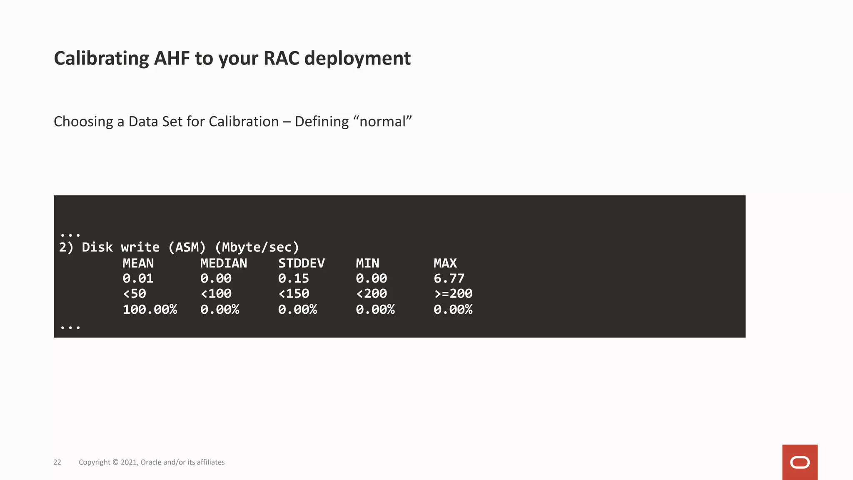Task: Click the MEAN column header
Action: pos(138,263)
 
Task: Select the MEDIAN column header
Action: pos(224,263)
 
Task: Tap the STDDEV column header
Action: pos(301,263)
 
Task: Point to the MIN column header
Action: pos(367,263)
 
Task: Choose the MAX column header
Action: pos(445,263)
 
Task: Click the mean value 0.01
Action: pos(138,278)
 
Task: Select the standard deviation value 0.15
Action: pos(294,278)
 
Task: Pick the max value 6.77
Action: pos(449,278)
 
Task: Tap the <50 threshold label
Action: pos(134,294)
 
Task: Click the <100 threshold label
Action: pos(216,294)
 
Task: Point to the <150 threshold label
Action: pos(294,294)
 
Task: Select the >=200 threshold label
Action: pos(453,294)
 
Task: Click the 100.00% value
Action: pos(150,310)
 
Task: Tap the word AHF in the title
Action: pos(172,58)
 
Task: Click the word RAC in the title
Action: pos(281,58)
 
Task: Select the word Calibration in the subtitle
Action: pos(244,122)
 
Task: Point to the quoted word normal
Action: pos(382,122)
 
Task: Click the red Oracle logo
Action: pos(800,462)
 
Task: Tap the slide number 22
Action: pos(57,462)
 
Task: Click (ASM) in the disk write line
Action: pos(187,247)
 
